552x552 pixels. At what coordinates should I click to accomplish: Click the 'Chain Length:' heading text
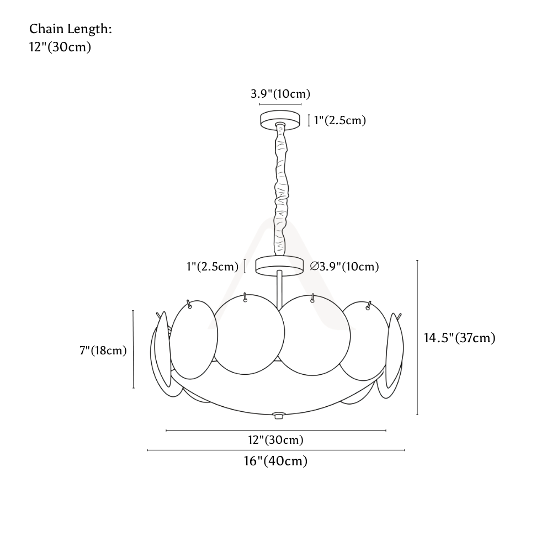point(71,29)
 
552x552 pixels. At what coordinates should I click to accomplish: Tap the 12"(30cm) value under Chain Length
point(60,47)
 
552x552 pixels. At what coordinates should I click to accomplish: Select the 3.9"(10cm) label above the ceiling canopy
point(280,94)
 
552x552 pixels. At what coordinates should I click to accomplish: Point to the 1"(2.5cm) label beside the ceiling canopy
point(339,120)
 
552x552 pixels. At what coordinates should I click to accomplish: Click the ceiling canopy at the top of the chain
point(280,119)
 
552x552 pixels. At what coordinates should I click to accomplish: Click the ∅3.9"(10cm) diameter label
point(344,267)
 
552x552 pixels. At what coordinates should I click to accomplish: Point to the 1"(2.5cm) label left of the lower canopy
point(213,267)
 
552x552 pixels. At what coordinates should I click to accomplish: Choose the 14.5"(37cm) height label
point(460,338)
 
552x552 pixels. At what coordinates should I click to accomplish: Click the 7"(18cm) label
point(103,351)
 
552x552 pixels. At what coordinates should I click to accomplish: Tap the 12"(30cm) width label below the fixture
point(275,440)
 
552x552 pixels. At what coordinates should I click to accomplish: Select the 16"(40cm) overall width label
point(275,461)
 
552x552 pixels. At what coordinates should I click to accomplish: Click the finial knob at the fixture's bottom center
point(278,416)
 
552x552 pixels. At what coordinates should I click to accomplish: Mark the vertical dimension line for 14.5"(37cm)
point(417,337)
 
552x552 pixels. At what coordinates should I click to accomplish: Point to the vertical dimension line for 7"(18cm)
point(134,349)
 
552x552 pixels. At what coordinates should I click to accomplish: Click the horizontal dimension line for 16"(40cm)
point(276,450)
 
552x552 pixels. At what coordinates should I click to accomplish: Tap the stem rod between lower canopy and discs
point(279,288)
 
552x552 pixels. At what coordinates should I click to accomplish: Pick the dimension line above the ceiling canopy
point(280,104)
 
